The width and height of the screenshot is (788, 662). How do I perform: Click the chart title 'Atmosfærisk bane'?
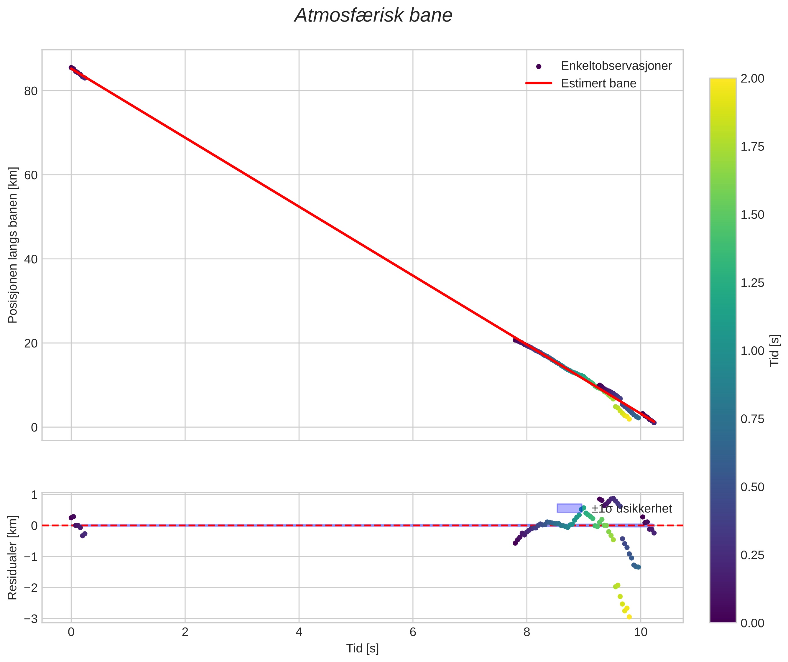373,16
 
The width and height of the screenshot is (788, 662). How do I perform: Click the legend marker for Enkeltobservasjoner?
539,66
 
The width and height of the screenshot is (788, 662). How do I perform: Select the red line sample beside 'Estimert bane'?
539,83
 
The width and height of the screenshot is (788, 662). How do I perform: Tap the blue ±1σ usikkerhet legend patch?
569,508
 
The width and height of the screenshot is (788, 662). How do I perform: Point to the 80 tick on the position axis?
31,91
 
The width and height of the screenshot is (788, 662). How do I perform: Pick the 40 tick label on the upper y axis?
31,259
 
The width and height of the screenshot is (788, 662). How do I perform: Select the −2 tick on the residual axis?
31,588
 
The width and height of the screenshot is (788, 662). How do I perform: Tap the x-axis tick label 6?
413,632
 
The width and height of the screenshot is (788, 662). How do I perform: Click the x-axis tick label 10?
641,632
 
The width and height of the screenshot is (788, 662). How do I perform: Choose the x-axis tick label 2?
185,632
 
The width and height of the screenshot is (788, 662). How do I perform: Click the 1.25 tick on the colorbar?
752,283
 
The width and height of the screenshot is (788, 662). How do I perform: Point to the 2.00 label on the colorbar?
752,78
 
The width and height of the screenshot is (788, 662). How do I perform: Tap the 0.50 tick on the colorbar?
752,487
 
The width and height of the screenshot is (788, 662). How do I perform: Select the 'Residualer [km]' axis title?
12,558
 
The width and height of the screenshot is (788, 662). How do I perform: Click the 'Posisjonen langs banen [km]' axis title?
12,245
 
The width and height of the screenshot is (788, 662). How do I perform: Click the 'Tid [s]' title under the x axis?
362,648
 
